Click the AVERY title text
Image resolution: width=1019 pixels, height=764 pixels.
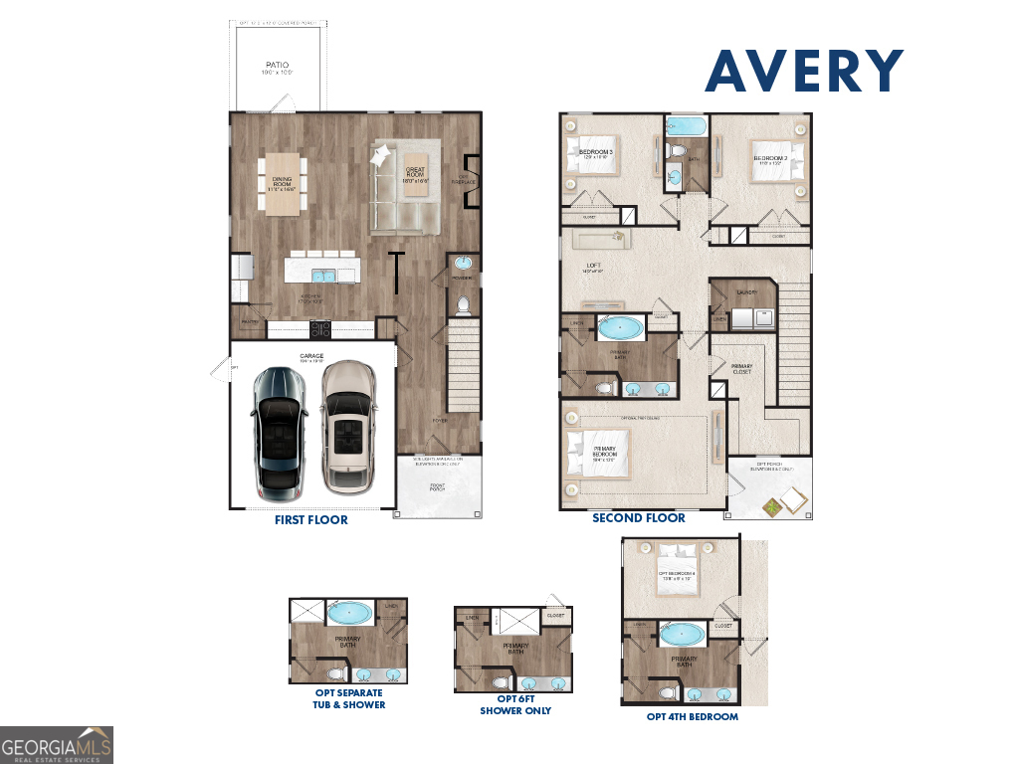(x=804, y=71)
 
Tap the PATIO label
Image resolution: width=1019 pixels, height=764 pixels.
(x=277, y=68)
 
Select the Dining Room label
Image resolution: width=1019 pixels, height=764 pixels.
(x=282, y=183)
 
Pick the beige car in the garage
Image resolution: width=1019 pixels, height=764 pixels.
(x=348, y=427)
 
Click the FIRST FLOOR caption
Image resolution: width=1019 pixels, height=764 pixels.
(x=311, y=519)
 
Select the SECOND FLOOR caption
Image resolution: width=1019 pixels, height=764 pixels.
(x=638, y=518)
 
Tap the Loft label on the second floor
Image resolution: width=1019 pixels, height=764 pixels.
(x=593, y=268)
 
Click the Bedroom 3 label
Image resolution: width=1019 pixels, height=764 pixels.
(x=595, y=153)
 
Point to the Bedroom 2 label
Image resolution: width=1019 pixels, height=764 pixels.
(x=770, y=158)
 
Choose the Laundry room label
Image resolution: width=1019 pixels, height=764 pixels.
(x=746, y=292)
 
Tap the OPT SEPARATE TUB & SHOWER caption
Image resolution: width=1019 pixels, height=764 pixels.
(x=348, y=698)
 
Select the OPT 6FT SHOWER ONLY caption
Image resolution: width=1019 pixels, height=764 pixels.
(x=514, y=704)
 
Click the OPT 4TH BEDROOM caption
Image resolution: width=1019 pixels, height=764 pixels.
(x=692, y=716)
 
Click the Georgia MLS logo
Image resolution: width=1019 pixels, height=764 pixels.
(x=57, y=744)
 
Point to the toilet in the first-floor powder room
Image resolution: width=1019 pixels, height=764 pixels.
(x=462, y=304)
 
